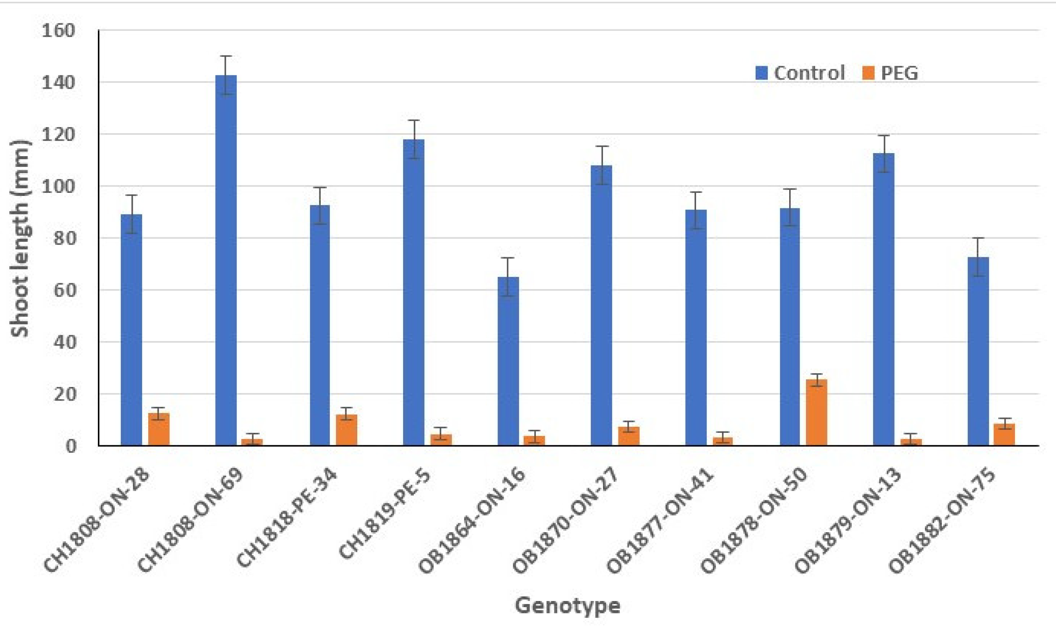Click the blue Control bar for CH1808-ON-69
click(x=226, y=260)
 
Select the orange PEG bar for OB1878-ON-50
click(x=816, y=413)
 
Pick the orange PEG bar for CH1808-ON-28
click(x=159, y=429)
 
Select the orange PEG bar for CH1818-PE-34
click(x=347, y=430)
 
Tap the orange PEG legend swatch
click(x=868, y=73)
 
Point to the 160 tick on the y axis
click(x=58, y=31)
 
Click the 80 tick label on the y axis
click(x=64, y=239)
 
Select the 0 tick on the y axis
click(x=71, y=446)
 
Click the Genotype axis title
click(x=567, y=605)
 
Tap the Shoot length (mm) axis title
click(x=20, y=238)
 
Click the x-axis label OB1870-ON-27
click(x=565, y=522)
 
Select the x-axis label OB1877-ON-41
click(x=660, y=522)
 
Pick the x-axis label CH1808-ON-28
click(x=96, y=522)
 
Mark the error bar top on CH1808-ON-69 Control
click(x=226, y=56)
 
